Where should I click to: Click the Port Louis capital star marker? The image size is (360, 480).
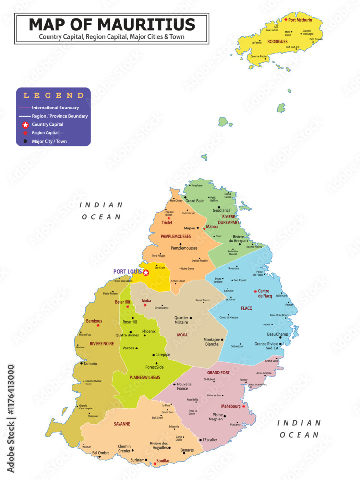[146, 273]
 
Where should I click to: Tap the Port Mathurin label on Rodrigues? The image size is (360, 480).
[300, 20]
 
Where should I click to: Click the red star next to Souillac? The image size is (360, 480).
[155, 464]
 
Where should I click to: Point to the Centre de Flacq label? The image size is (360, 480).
[265, 293]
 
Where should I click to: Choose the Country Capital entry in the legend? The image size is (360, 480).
[48, 124]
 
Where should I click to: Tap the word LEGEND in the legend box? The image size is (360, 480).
[53, 96]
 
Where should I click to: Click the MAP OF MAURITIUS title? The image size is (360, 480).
[112, 24]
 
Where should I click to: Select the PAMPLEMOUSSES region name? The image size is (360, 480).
[176, 236]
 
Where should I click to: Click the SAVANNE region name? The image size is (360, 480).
[122, 424]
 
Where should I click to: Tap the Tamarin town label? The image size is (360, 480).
[90, 363]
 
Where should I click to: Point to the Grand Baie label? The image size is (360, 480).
[194, 201]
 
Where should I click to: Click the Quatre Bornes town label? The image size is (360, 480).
[127, 335]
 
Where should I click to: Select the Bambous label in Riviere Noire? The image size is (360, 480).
[94, 321]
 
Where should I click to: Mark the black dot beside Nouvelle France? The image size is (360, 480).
[173, 384]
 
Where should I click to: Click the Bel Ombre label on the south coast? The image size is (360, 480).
[101, 453]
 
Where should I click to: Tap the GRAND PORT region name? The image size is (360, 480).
[218, 372]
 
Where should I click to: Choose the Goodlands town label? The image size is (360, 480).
[221, 210]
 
